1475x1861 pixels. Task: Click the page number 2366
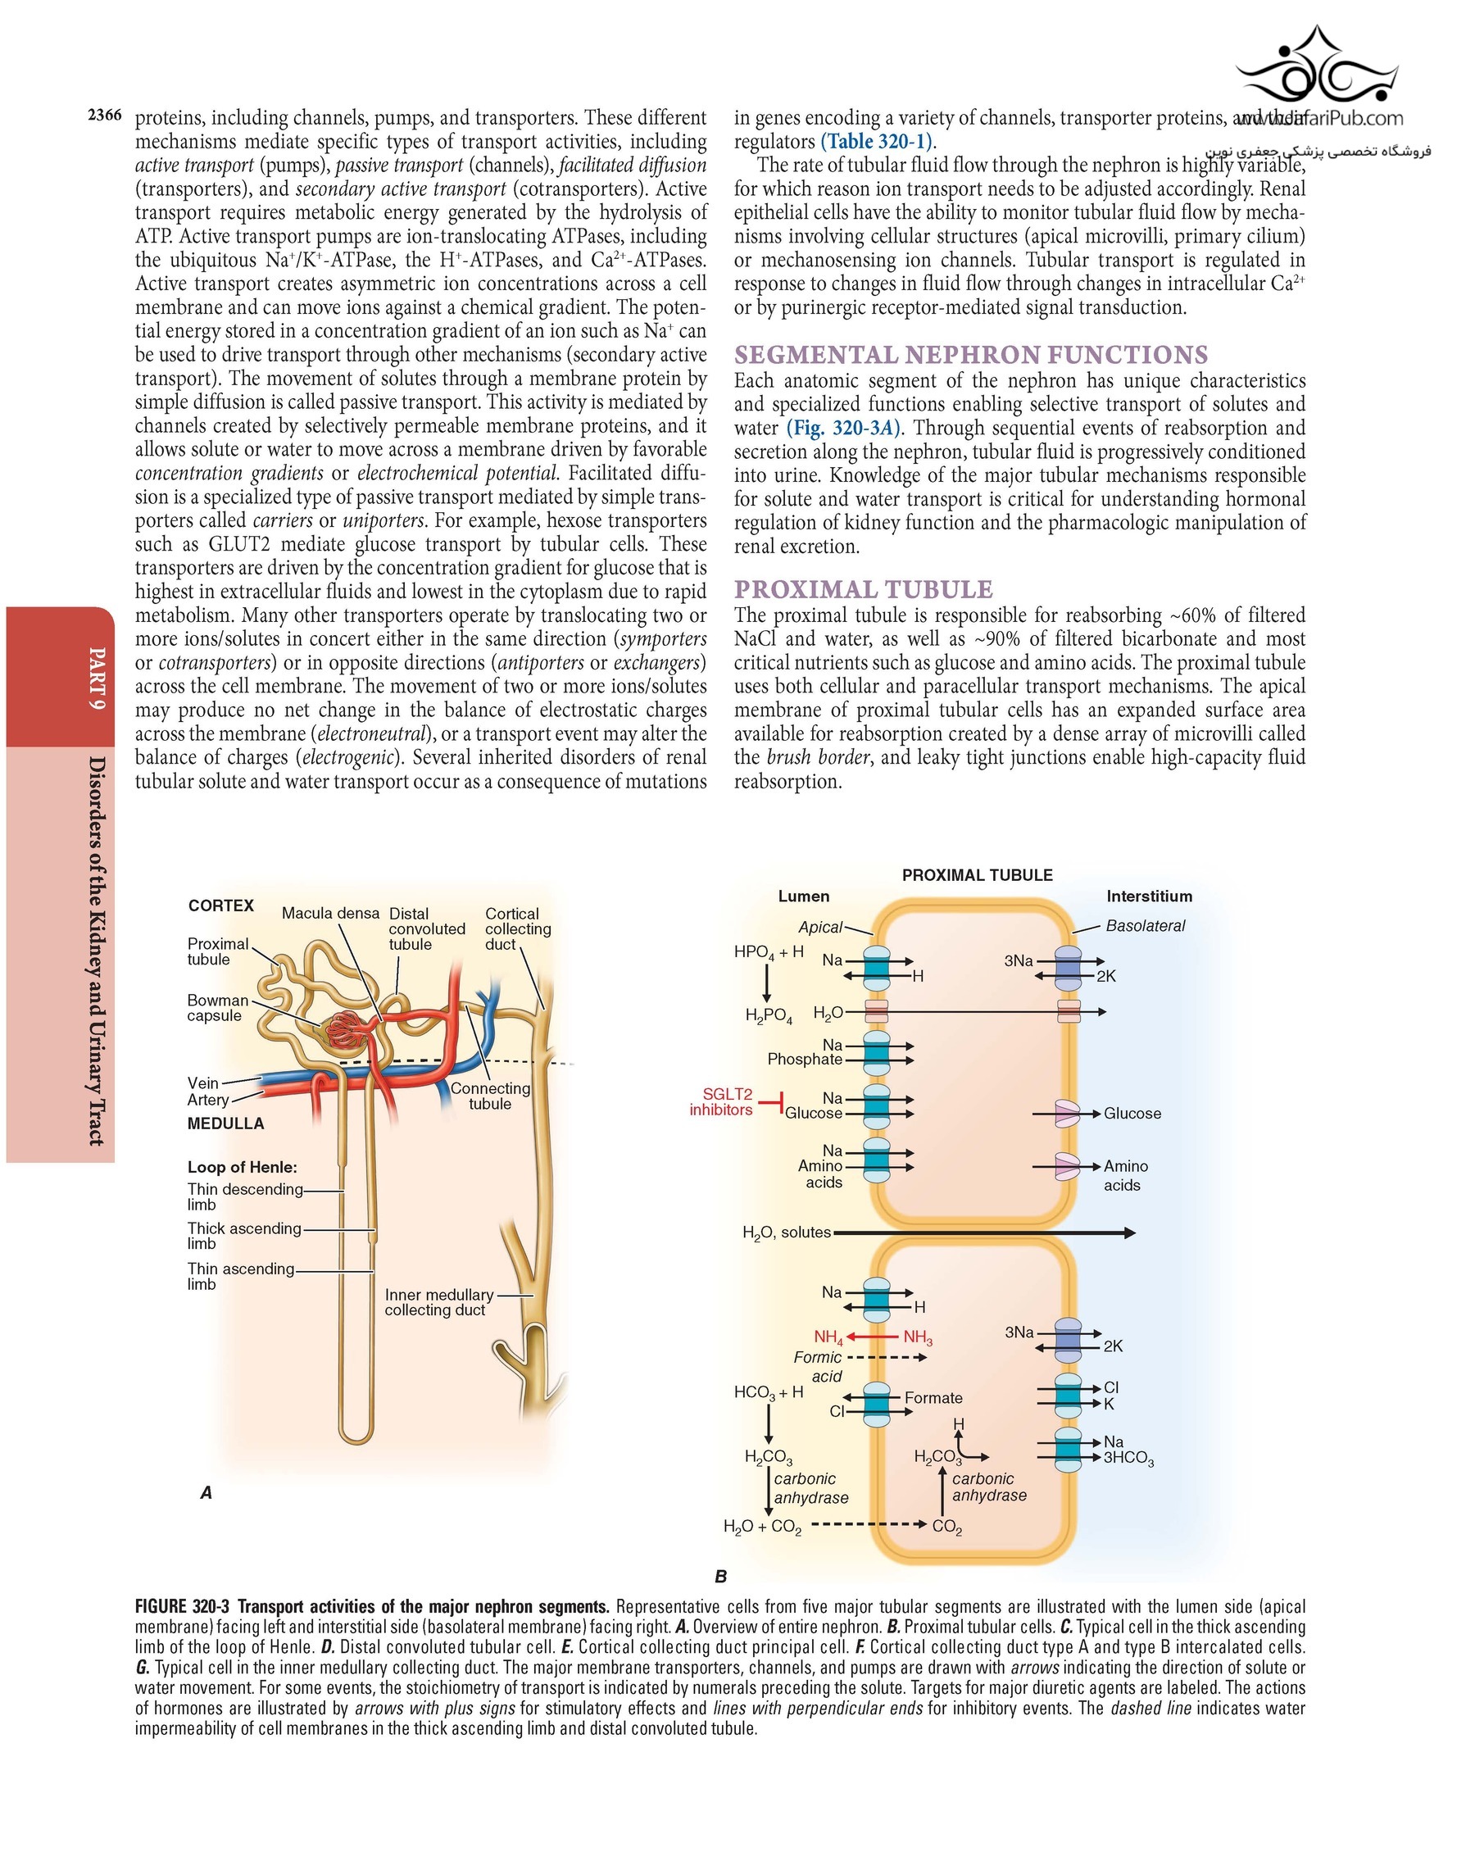(x=104, y=116)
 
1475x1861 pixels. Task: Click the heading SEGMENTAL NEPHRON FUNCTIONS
(x=970, y=355)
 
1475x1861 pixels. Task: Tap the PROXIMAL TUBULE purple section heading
(x=863, y=589)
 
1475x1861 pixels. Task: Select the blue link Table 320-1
(x=877, y=142)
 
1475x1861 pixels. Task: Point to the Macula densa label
(x=329, y=913)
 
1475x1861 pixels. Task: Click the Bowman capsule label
(x=217, y=1007)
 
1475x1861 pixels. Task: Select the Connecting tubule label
(x=489, y=1096)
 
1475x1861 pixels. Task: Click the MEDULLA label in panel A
(x=225, y=1123)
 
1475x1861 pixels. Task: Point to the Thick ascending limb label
(x=244, y=1235)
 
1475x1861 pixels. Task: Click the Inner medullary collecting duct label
(x=438, y=1302)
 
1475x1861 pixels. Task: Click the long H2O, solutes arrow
(x=984, y=1232)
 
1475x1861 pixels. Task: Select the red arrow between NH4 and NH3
(x=873, y=1337)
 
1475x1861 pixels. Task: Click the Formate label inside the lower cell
(x=933, y=1397)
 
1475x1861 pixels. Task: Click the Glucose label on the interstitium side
(x=1132, y=1114)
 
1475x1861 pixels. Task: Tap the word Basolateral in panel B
(x=1146, y=925)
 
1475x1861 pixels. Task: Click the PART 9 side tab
(x=98, y=678)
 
